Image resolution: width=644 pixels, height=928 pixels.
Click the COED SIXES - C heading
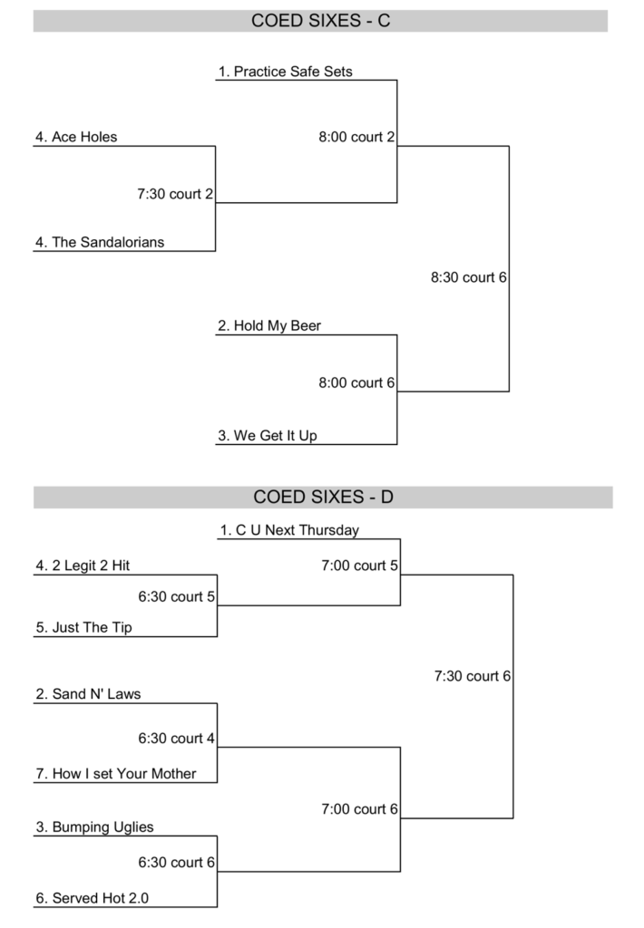321,21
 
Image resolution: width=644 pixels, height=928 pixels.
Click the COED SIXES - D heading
322,497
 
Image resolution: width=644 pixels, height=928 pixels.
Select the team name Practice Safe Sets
285,71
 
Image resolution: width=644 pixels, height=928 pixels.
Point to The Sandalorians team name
100,242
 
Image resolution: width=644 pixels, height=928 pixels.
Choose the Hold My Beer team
269,325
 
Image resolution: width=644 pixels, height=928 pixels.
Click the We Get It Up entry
268,436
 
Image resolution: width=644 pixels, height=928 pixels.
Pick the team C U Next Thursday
289,530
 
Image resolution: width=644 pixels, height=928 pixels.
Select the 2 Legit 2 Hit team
83,565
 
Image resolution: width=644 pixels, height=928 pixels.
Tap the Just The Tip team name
83,627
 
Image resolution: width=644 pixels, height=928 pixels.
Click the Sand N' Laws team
88,694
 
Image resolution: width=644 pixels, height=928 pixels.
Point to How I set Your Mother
115,774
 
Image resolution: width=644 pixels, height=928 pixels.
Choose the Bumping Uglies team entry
94,826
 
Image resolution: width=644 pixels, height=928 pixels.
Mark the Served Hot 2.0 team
92,898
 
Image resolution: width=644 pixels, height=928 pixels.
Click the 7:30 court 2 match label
174,193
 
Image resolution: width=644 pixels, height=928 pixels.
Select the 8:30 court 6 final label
468,277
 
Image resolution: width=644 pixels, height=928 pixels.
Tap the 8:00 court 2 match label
356,137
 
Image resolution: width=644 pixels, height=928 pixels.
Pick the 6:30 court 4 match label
176,739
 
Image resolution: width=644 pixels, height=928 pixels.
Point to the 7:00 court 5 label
359,565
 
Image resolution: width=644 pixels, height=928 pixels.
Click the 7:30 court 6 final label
473,676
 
